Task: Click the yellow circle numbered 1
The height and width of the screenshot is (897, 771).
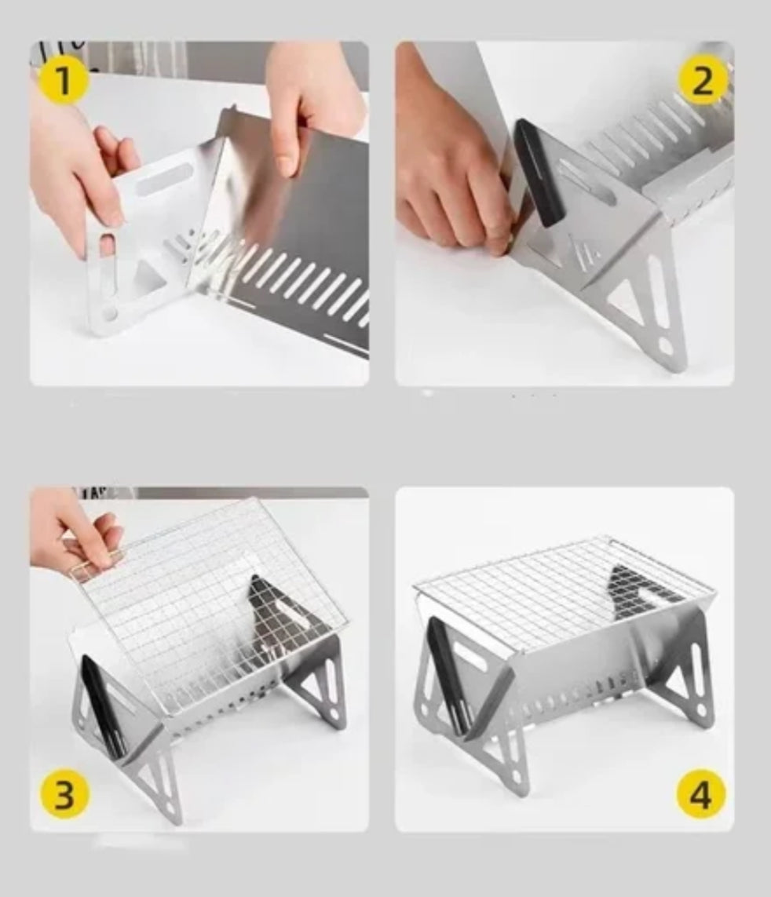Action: (64, 80)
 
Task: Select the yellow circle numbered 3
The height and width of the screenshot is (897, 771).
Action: (64, 794)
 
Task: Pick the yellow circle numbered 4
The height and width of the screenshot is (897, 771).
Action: (701, 795)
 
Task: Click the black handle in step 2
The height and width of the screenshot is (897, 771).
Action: (539, 172)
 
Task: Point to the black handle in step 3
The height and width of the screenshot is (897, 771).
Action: (104, 707)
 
